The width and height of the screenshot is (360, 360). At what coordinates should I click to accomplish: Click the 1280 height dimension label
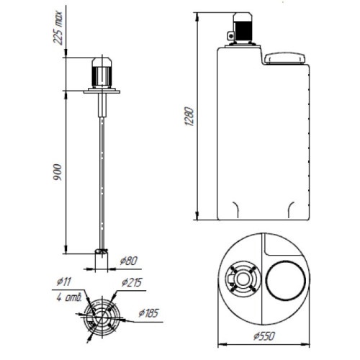click(x=189, y=117)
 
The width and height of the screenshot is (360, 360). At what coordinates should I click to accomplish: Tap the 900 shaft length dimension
click(x=58, y=172)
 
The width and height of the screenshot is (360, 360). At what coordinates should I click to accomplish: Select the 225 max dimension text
click(x=58, y=28)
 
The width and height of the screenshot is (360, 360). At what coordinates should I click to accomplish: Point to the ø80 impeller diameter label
click(x=129, y=261)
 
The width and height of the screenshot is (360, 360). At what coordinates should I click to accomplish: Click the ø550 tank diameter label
click(x=264, y=336)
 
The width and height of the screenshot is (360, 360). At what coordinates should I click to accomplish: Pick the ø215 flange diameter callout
click(x=132, y=282)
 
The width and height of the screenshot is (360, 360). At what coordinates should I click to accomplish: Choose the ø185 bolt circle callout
click(x=149, y=313)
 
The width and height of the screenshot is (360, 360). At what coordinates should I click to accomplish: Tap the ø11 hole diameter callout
click(x=64, y=282)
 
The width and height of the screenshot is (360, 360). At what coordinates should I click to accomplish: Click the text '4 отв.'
click(x=69, y=297)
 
